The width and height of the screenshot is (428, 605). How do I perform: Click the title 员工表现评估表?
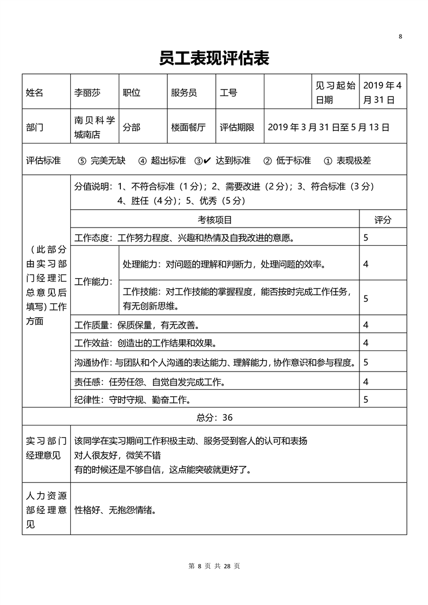point(214,58)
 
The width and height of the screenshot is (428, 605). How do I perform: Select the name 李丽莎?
point(87,93)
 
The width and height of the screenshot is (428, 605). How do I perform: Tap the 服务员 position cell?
point(184,93)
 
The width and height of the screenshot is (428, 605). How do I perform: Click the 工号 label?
point(228,93)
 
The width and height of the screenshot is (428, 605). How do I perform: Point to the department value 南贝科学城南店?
point(94,127)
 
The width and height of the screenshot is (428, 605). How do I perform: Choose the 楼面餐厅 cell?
point(188,128)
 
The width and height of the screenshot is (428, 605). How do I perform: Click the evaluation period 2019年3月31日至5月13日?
point(328,128)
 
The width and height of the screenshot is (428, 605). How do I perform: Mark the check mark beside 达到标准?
point(207,160)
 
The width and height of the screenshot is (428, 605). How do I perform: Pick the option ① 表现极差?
point(347,161)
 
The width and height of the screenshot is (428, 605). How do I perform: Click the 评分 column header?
point(383,220)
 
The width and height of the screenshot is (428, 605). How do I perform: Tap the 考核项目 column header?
point(215,220)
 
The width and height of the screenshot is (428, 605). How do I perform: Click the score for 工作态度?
point(366,237)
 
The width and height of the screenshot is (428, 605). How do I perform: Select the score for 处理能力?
point(366,264)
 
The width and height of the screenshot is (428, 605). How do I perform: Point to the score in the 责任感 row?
point(366,382)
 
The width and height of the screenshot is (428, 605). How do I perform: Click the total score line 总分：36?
point(214,417)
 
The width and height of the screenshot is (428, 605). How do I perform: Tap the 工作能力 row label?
point(93,281)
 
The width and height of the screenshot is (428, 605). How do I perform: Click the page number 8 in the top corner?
point(400,37)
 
